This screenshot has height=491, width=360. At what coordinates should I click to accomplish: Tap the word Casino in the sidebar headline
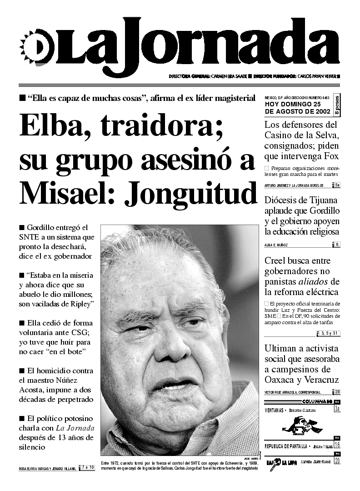[281, 135]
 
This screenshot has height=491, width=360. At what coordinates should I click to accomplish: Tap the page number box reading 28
[337, 392]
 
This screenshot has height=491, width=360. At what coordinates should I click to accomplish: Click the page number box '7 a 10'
[87, 467]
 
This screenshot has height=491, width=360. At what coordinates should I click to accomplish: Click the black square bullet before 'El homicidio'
[21, 371]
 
